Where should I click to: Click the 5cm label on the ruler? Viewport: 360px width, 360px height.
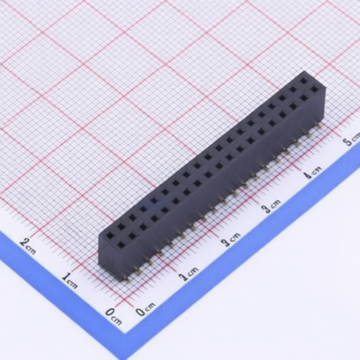(x=351, y=140)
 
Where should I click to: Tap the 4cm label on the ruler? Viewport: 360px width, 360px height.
(x=313, y=172)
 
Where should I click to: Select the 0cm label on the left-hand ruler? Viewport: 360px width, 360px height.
(x=113, y=316)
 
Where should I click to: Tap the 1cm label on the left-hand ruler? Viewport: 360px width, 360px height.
(x=70, y=281)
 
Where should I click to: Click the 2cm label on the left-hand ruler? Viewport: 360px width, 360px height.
(x=28, y=246)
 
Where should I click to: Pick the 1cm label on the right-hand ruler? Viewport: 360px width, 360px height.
(x=188, y=274)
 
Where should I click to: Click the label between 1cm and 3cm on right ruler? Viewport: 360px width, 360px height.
(x=231, y=239)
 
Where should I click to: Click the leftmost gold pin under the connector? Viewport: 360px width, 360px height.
(x=128, y=279)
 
